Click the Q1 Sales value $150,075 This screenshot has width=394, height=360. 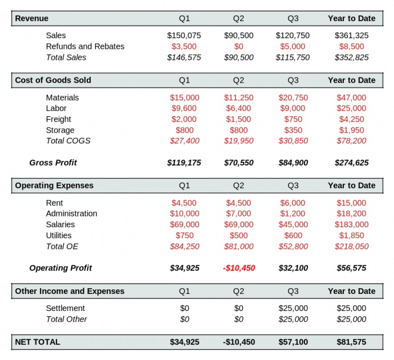(184, 35)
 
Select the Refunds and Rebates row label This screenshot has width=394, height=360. (85, 47)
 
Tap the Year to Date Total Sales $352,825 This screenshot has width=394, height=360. (352, 58)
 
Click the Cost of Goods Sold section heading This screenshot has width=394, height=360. (53, 80)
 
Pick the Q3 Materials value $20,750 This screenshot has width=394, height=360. (293, 97)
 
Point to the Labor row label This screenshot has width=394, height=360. (56, 108)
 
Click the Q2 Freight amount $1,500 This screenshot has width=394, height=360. (238, 119)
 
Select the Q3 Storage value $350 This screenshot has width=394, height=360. (293, 130)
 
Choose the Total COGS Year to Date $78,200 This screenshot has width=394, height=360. (352, 141)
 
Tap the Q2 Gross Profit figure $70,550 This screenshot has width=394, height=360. (239, 163)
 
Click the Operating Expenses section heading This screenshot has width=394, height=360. (54, 186)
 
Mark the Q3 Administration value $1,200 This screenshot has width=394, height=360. (293, 214)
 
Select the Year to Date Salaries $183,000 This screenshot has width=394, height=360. (352, 224)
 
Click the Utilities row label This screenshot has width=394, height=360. (59, 235)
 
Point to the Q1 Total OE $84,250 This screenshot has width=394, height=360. (184, 247)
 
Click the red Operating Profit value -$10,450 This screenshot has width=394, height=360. (239, 268)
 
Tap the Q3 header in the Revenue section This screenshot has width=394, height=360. (293, 18)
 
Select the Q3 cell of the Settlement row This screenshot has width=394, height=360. (293, 308)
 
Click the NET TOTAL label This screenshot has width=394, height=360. (38, 342)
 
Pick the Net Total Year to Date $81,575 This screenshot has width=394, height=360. (352, 342)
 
